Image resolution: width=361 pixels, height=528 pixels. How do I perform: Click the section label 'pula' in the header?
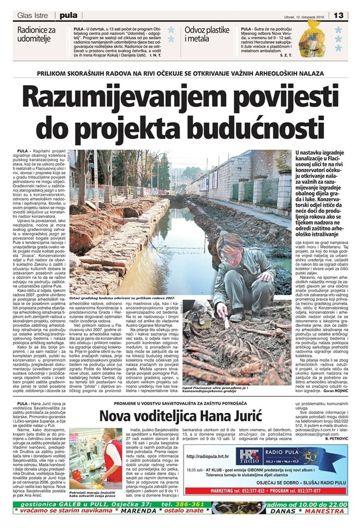tap(68, 15)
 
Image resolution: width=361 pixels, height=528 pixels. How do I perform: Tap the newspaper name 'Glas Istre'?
tap(33, 15)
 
